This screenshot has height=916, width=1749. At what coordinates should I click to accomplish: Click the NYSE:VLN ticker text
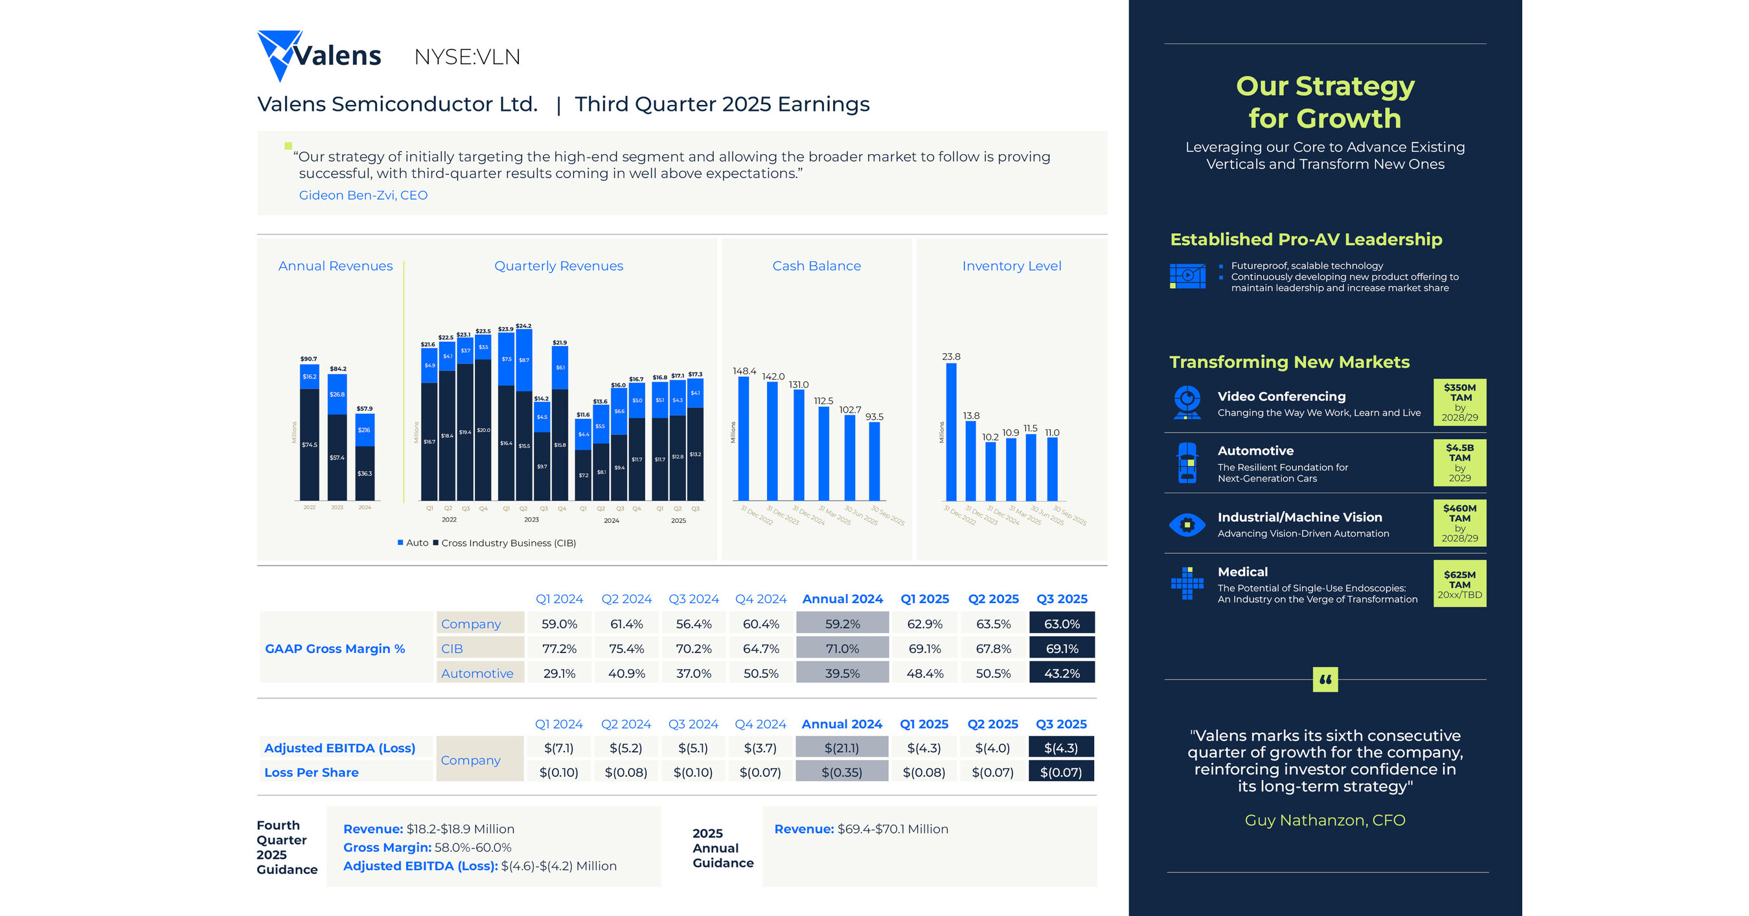tap(467, 57)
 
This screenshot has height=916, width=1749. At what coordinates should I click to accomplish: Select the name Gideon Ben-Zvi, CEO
tap(363, 196)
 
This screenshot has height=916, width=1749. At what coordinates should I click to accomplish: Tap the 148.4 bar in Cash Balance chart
tap(744, 438)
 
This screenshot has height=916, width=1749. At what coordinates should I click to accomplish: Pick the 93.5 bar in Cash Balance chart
tap(874, 462)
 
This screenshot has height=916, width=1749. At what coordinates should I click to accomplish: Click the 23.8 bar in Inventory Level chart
tap(951, 432)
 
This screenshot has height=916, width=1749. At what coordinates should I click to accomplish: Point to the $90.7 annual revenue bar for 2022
tap(310, 435)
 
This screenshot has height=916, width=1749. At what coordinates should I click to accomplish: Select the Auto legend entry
tap(413, 544)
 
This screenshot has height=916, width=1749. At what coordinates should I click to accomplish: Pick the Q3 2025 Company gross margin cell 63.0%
tap(1061, 623)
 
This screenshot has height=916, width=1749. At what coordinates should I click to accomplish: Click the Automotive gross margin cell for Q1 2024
tap(559, 673)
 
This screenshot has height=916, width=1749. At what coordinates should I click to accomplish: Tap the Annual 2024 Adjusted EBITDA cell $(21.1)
tap(841, 748)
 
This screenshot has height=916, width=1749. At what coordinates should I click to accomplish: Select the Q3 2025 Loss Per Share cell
tap(1060, 772)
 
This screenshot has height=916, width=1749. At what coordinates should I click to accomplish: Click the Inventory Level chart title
tap(1011, 266)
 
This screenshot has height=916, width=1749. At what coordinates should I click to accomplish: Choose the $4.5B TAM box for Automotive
tap(1459, 463)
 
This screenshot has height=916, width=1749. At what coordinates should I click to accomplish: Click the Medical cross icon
tap(1187, 582)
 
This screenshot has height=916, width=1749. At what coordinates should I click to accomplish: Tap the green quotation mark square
tap(1325, 679)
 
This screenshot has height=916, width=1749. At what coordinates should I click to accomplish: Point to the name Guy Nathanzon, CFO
tap(1325, 820)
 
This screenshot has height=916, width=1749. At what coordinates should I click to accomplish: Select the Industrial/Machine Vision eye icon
tap(1187, 524)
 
